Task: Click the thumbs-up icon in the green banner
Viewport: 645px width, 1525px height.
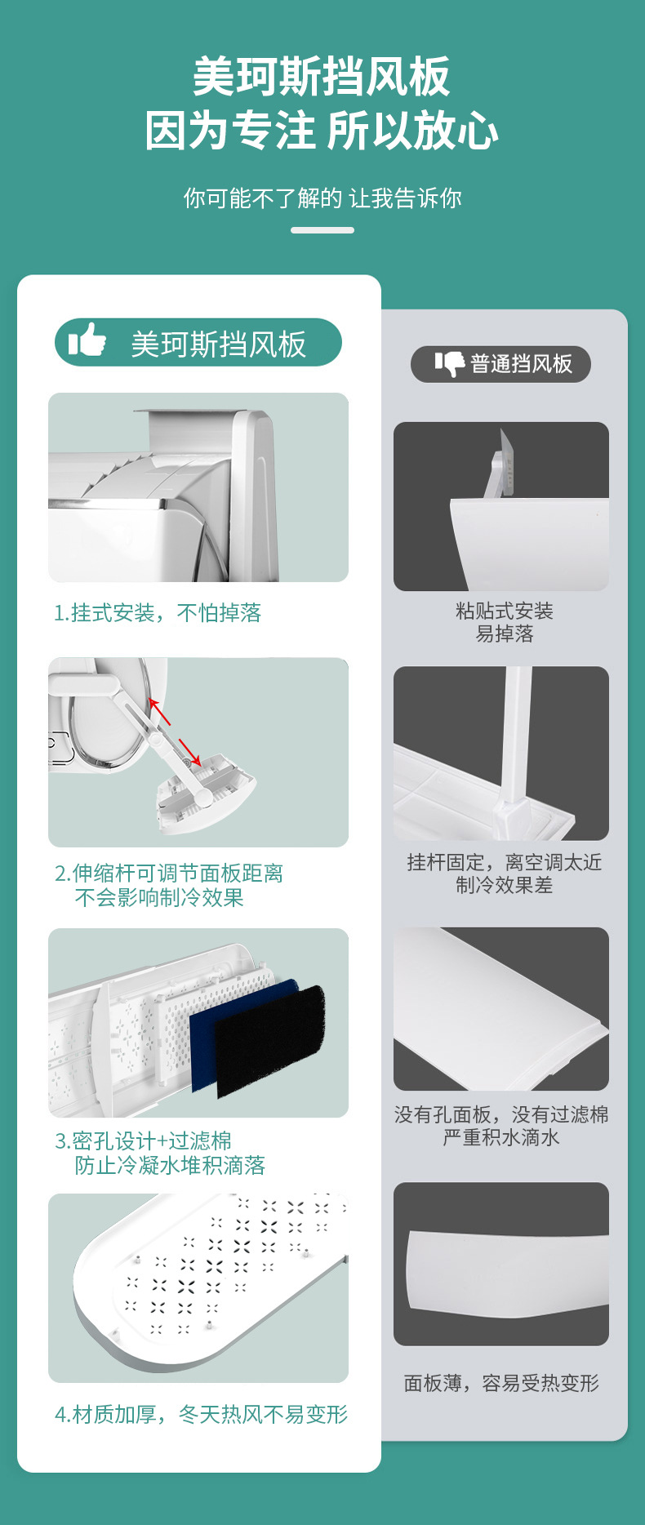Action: coord(87,340)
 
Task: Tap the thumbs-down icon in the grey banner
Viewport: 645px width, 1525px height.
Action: coord(449,364)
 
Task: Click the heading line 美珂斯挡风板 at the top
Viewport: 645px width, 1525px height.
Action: coord(322,78)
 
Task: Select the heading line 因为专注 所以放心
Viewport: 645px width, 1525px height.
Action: coord(322,131)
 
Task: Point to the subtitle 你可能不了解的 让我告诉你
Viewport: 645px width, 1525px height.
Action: coord(322,198)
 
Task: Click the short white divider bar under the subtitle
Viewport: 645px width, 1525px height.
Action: coord(322,230)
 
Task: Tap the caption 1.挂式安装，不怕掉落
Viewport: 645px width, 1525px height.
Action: coord(158,613)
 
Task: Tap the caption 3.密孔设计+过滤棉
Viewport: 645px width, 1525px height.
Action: coord(143,1140)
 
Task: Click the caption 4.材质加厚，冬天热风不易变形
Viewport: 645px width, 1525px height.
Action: coord(202,1414)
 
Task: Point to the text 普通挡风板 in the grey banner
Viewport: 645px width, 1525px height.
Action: coord(522,364)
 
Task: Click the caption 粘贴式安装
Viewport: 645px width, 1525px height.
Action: coord(505,611)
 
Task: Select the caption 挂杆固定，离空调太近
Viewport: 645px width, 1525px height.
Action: coord(505,862)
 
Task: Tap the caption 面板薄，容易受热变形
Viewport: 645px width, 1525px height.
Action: coord(501,1383)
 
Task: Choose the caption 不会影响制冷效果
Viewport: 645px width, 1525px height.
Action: coord(159,898)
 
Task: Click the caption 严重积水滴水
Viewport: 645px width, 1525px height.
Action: coord(501,1137)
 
